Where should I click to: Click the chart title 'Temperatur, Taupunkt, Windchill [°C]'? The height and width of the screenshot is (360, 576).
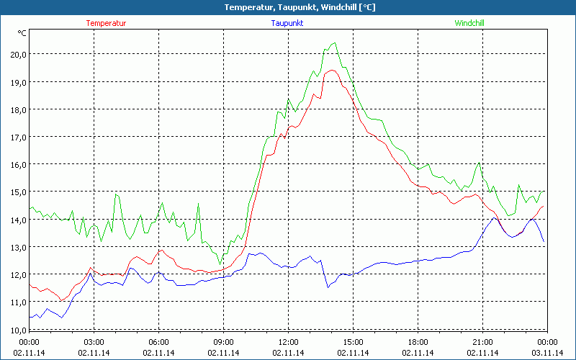[288, 7]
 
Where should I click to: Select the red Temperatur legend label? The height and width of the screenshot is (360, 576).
[106, 23]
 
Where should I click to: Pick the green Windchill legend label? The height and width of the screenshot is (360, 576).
[469, 23]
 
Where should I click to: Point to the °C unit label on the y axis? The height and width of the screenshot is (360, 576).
[22, 32]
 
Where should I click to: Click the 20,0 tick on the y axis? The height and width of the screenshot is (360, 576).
[17, 55]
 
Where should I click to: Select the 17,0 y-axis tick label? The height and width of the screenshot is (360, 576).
[17, 137]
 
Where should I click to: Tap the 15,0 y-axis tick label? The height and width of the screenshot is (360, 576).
[17, 192]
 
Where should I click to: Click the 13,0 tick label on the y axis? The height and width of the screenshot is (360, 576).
[17, 247]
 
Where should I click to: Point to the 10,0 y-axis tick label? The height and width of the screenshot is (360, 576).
[17, 329]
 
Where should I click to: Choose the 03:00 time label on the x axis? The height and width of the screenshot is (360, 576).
[94, 341]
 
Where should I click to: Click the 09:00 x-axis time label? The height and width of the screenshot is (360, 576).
[224, 341]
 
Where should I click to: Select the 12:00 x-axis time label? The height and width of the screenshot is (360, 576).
[289, 341]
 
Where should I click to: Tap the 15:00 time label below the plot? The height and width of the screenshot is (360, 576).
[354, 341]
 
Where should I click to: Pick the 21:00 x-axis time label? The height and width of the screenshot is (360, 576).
[483, 341]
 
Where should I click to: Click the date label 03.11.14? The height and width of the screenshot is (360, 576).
[547, 353]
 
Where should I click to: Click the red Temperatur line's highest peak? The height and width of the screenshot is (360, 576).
[332, 70]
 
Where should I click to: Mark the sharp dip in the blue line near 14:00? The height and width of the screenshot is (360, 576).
[328, 287]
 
